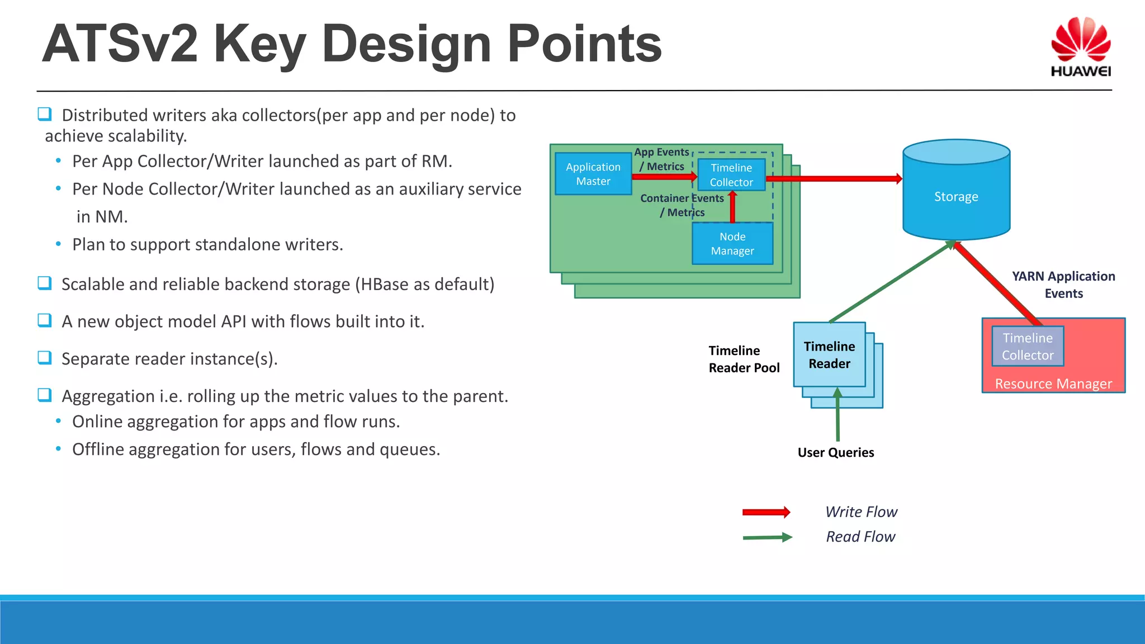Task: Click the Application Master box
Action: [593, 174]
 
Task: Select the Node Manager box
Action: [732, 244]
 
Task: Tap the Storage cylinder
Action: [956, 196]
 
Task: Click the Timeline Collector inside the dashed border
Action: [731, 175]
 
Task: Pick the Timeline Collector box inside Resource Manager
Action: [1027, 347]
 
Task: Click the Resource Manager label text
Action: [1053, 384]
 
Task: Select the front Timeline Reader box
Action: [829, 355]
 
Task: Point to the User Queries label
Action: [835, 453]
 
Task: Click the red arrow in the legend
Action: [766, 512]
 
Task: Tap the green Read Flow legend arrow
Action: [767, 537]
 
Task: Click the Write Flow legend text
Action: [861, 512]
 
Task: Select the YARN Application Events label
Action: [1063, 285]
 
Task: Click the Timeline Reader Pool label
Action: [744, 359]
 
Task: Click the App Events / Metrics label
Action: [662, 159]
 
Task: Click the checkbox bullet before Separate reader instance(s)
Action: [45, 358]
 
